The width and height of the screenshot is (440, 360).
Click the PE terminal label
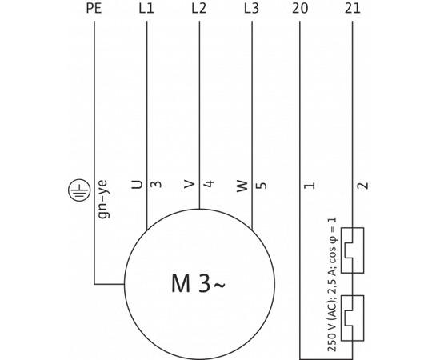click(94, 9)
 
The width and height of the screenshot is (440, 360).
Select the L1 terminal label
click(146, 9)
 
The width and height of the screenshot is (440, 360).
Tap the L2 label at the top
click(199, 9)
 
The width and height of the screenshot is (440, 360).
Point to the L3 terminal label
click(252, 9)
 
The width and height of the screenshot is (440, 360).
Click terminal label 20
click(300, 9)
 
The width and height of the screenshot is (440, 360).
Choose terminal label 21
click(352, 9)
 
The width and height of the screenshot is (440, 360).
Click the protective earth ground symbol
click(79, 190)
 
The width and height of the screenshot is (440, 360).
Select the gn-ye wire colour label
click(102, 199)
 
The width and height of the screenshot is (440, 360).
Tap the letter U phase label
click(138, 184)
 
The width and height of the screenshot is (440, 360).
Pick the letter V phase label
click(190, 184)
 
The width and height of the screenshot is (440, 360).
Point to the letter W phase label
click(242, 186)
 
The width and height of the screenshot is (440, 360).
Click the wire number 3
click(156, 184)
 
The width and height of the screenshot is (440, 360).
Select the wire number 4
click(209, 184)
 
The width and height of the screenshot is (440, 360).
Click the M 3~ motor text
click(198, 284)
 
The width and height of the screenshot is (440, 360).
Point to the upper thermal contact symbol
click(352, 250)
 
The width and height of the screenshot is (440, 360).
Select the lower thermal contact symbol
click(352, 318)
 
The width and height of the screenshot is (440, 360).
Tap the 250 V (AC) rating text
click(333, 284)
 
